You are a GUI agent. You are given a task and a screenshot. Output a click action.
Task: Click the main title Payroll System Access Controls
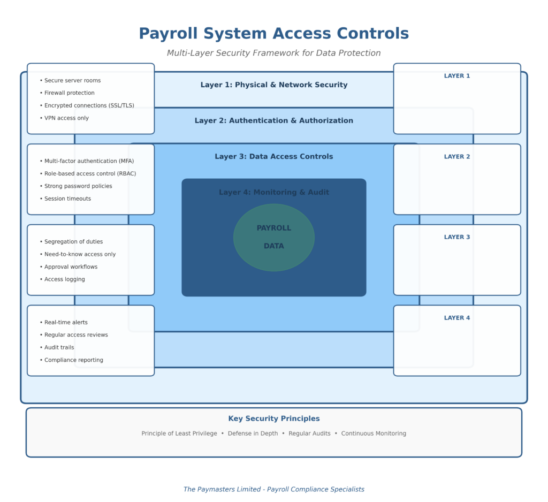pos(273,33)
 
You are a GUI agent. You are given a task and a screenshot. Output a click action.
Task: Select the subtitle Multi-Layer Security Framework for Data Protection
pos(273,53)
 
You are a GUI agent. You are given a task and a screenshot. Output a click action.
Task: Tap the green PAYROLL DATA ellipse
pos(273,237)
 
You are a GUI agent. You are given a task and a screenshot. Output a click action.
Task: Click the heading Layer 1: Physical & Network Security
pos(273,85)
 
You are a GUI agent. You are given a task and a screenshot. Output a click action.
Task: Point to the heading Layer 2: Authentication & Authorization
pos(273,120)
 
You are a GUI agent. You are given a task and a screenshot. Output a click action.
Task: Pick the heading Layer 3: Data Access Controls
pos(273,156)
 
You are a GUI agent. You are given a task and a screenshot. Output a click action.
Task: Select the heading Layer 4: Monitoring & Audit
pos(273,192)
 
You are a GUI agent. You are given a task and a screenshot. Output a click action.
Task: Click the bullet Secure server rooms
pos(72,80)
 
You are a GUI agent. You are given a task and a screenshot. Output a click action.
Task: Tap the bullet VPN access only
pos(66,118)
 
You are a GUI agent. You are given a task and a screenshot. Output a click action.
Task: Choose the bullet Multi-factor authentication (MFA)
pos(89,161)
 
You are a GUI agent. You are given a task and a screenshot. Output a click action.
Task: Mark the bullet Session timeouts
pos(67,199)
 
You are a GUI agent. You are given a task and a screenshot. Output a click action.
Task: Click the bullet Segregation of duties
pos(73,241)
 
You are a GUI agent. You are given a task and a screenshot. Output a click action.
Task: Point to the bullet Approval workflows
pos(71,267)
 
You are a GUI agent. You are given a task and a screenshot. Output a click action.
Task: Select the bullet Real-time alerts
pos(66,322)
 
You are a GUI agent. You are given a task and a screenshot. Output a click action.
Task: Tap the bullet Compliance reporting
pos(73,360)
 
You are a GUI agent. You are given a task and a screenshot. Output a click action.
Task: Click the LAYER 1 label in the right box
pos(456,76)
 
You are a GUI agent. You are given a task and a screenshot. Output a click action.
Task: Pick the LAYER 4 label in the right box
pos(456,318)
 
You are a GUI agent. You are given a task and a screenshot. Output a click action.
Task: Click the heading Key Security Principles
pos(273,419)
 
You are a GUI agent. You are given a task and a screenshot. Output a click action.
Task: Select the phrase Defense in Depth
pos(253,433)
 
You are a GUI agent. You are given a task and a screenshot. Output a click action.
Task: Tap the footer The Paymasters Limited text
pos(273,489)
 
